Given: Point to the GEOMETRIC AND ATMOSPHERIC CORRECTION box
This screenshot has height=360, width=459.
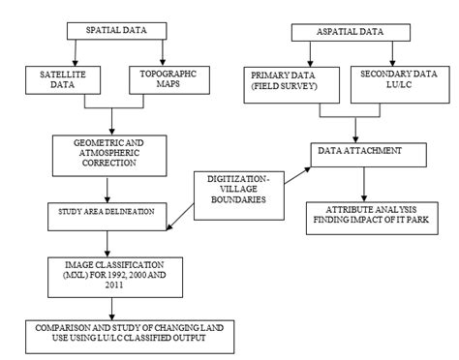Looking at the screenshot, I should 113,152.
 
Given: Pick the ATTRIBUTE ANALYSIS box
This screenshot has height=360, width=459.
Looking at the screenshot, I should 368,216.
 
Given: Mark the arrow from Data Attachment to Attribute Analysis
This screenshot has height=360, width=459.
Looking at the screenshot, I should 365,183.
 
